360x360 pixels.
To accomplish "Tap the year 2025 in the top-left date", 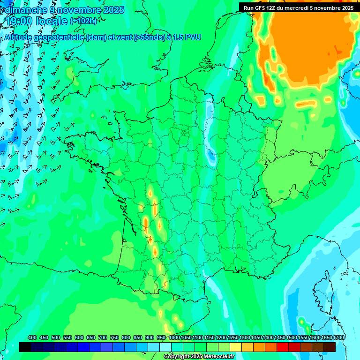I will click(112, 9).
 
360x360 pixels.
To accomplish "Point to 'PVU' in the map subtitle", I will click(193, 37).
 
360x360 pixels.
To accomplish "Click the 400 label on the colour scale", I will click(32, 337).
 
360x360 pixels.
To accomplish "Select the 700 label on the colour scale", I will click(103, 337).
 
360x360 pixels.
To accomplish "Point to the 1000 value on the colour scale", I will click(174, 337).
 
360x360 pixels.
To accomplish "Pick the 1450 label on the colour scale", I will click(280, 337).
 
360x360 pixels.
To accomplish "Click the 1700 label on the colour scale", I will click(338, 337).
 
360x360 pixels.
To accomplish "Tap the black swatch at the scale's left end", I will click(25, 347).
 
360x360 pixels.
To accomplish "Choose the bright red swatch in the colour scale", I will click(283, 347).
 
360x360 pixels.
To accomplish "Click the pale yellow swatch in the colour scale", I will click(236, 347).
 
